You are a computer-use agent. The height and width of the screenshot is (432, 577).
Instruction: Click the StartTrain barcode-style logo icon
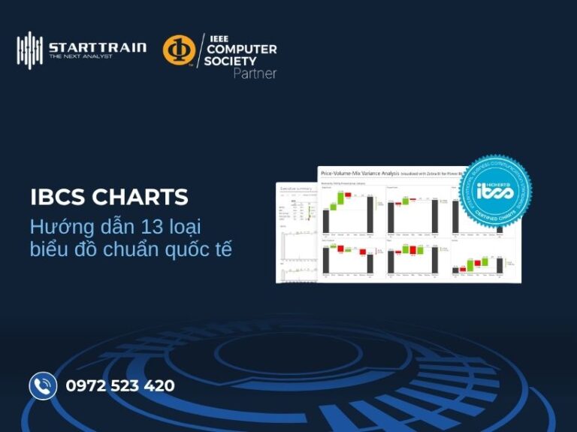coord(30,50)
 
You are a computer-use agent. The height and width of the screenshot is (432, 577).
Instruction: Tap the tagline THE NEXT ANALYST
coord(80,56)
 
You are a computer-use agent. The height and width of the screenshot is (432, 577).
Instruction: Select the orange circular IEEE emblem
coord(179,50)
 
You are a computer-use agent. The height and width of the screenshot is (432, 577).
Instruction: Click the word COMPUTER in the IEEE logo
coord(241,50)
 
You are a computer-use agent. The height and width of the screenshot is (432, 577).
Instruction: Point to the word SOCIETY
coord(230,61)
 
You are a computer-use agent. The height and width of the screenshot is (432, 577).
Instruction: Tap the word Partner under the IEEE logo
coord(254,74)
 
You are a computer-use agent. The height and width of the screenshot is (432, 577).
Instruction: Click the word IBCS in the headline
coord(58,198)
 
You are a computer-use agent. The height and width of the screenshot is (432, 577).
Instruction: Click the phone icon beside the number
coord(43,386)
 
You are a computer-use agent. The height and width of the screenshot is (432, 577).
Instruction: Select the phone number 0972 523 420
coord(120,386)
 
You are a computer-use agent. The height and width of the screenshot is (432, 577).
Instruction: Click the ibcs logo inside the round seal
coord(496,192)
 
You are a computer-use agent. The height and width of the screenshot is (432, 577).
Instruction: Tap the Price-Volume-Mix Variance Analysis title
coord(358,174)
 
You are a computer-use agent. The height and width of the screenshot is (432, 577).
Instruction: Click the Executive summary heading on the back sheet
coord(295,189)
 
